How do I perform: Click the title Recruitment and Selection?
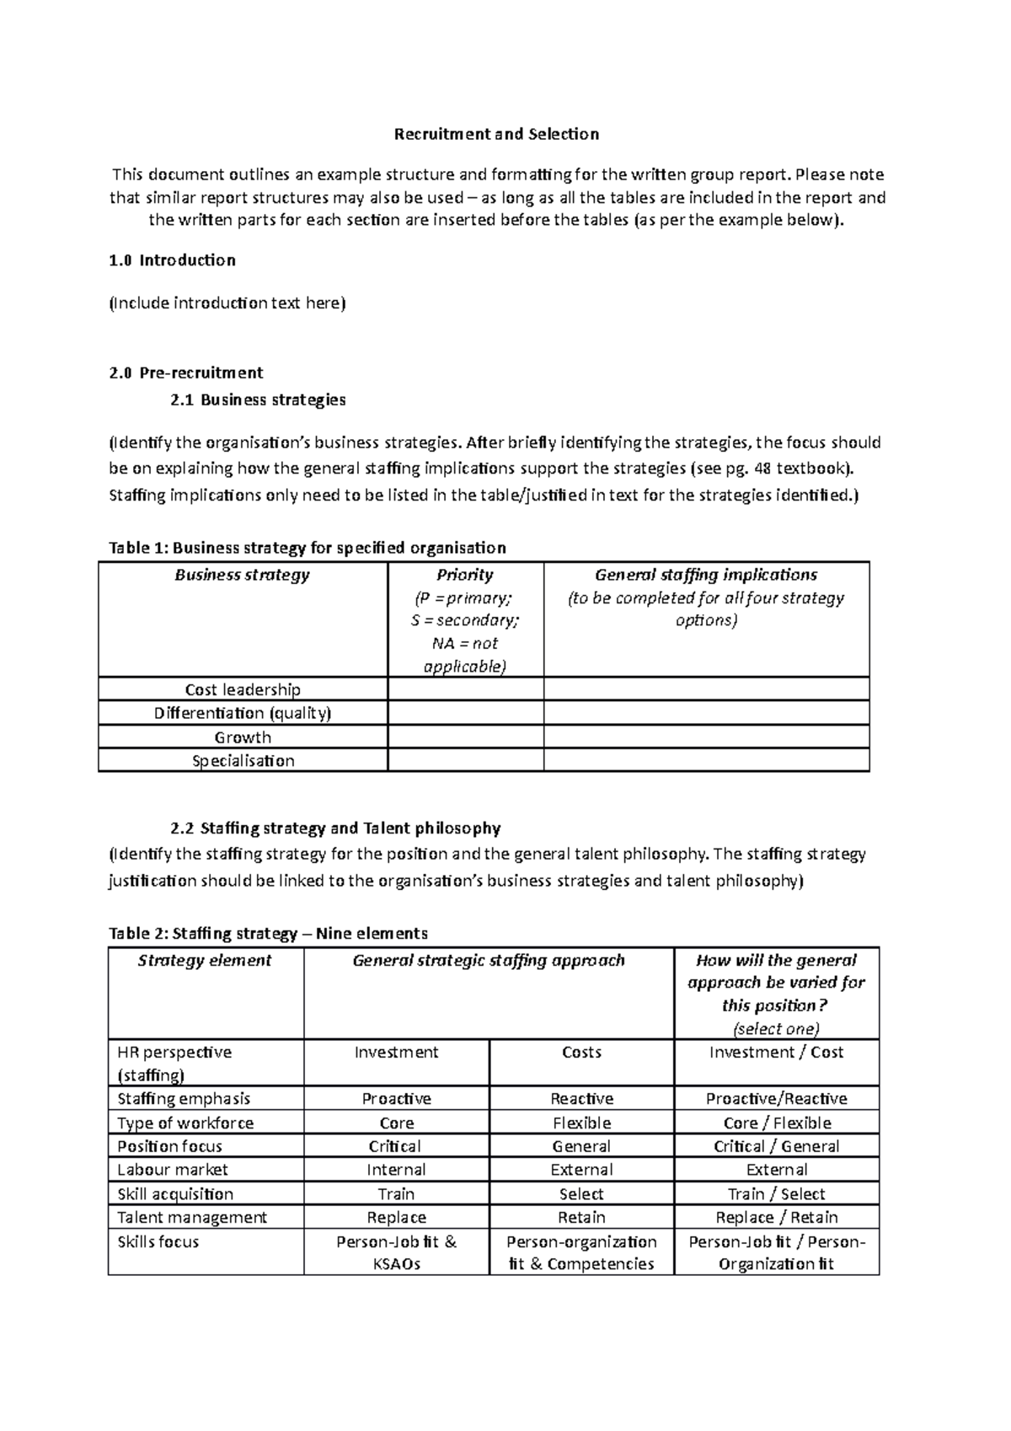click(x=497, y=134)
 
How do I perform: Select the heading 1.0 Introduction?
click(x=173, y=260)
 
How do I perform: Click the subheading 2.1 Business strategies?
click(x=258, y=399)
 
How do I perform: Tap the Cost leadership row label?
click(x=243, y=689)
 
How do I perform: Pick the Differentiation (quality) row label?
click(x=243, y=713)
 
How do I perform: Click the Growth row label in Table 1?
click(x=243, y=737)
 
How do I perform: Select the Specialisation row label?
click(x=243, y=761)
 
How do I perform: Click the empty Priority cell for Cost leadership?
click(x=465, y=689)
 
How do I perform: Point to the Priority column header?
click(x=465, y=575)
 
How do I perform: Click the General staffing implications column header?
click(x=706, y=575)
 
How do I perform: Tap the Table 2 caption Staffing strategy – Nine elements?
click(x=268, y=933)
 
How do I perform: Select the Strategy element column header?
click(x=205, y=961)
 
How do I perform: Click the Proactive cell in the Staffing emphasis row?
click(x=396, y=1099)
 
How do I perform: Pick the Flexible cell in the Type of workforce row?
click(x=581, y=1123)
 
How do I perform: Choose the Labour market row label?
click(x=173, y=1170)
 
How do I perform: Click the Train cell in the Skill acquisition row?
click(x=396, y=1193)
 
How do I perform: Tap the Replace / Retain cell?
click(x=776, y=1217)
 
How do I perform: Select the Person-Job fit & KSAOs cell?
click(x=396, y=1252)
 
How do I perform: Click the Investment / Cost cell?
click(x=776, y=1052)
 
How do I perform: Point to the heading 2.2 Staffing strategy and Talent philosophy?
click(x=335, y=828)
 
